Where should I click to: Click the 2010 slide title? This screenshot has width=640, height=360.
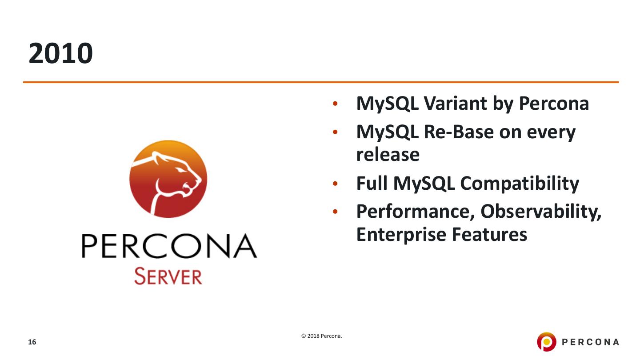pos(61,54)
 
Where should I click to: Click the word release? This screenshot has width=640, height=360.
pos(388,155)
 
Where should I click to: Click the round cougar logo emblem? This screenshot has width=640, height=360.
pos(168,179)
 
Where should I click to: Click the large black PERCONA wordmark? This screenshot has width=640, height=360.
pos(168,247)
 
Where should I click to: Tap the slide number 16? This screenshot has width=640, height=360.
pos(32,342)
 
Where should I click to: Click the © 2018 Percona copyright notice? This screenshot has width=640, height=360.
pos(321,336)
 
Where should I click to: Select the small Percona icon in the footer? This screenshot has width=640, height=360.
pos(546,342)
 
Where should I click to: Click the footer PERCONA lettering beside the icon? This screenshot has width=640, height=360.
pos(591,342)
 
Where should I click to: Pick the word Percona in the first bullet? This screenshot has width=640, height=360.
pos(554,104)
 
